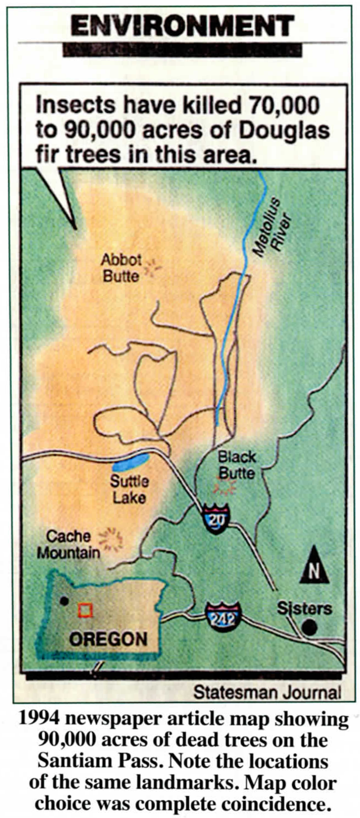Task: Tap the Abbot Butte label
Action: click(121, 268)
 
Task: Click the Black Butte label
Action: click(237, 465)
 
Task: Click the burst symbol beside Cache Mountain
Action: click(111, 539)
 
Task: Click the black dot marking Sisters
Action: click(309, 627)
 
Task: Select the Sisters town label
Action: click(304, 609)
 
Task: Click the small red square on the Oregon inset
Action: click(85, 610)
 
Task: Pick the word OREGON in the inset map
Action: click(108, 639)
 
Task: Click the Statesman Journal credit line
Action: click(267, 692)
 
